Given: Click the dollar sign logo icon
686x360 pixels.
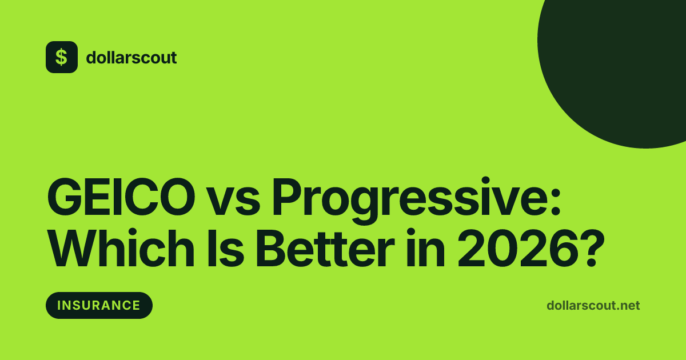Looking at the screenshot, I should pyautogui.click(x=62, y=57).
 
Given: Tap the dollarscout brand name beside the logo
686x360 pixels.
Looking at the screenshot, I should pyautogui.click(x=131, y=58).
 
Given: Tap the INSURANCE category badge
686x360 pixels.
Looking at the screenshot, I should pyautogui.click(x=99, y=305).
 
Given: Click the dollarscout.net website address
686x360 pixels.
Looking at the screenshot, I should pyautogui.click(x=593, y=306).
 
